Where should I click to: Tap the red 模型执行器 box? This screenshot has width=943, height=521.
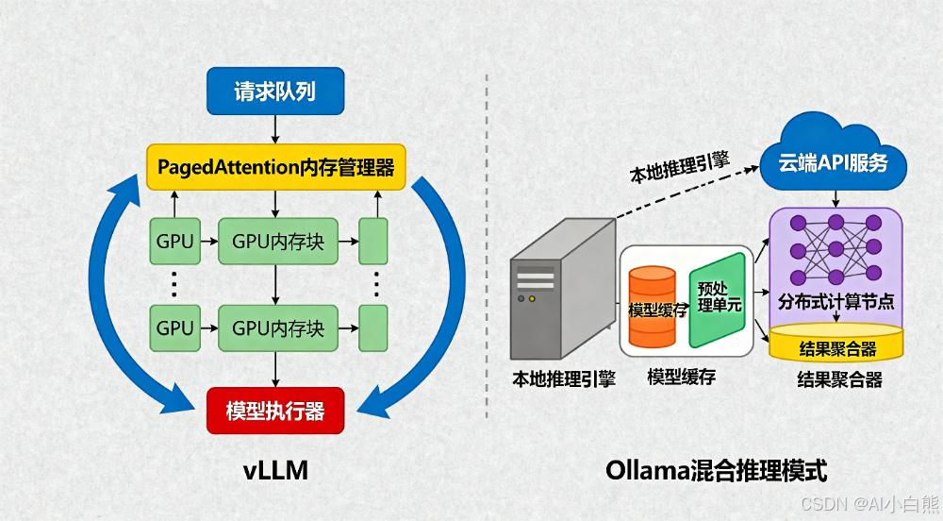274,412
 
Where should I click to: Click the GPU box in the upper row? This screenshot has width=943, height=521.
174,242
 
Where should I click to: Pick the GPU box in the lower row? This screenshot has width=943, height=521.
174,328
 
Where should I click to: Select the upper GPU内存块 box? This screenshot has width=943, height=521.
277,242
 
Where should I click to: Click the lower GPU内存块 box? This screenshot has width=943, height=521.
277,328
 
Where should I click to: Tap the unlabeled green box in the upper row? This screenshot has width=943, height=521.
373,242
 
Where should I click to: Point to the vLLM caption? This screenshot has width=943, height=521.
274,469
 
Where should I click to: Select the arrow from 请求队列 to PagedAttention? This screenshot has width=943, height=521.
274,127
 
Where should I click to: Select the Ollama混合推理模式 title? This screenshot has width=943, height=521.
717,469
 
